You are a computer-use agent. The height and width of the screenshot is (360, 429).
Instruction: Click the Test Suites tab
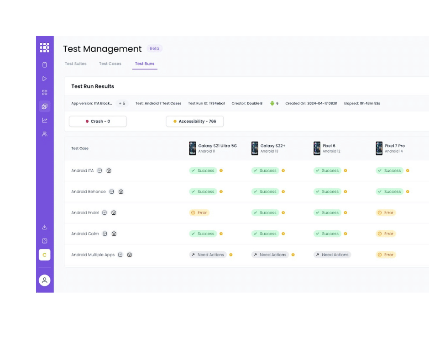75,64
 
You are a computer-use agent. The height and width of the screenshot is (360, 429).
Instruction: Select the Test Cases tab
110,64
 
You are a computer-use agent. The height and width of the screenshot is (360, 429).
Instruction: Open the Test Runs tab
145,64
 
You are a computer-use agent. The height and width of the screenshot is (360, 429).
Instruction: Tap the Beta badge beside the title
154,48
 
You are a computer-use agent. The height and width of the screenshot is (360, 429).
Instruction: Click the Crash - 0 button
98,122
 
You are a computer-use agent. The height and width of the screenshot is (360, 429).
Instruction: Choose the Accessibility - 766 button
194,122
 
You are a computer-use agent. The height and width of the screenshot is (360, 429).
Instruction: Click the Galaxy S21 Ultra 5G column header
217,146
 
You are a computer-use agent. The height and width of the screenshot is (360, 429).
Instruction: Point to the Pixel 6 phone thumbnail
317,148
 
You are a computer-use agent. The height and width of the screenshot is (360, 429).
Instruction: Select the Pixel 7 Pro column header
394,146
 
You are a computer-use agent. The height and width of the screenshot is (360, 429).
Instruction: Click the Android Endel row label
85,213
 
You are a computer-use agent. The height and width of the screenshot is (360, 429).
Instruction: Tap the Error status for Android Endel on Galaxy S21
199,213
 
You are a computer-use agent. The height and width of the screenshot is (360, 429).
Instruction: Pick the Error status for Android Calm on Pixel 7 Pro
386,234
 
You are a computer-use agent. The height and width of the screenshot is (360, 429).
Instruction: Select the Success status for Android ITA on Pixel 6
327,171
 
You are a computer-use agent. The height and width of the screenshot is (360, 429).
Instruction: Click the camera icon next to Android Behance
120,192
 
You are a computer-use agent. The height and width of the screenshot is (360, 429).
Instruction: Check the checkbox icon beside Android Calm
105,234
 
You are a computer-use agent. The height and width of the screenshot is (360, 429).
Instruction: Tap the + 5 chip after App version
122,104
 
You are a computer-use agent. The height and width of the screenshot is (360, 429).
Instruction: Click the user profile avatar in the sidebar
44,281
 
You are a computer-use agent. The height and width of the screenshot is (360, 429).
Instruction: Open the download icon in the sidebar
44,227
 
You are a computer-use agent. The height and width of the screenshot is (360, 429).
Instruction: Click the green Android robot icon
272,104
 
